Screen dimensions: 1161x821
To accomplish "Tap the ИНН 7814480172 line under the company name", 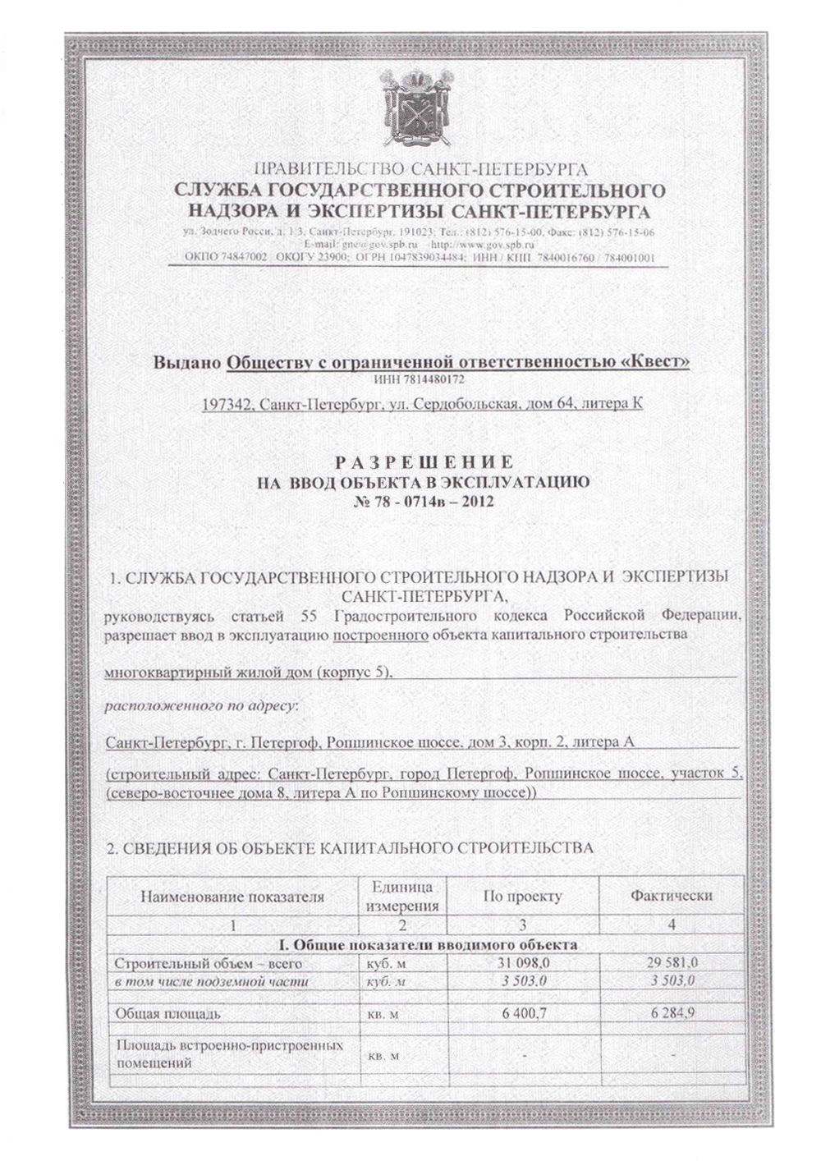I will click(420, 381).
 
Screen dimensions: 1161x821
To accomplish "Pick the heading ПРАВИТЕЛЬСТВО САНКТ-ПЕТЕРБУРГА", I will click(421, 170).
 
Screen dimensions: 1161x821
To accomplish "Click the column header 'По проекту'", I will click(523, 897).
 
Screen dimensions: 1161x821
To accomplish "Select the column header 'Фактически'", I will click(671, 896).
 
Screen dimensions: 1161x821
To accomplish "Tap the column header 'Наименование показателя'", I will click(232, 897).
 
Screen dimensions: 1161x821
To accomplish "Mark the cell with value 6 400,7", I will click(524, 1014).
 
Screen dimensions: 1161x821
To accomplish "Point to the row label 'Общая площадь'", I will click(168, 1014).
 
